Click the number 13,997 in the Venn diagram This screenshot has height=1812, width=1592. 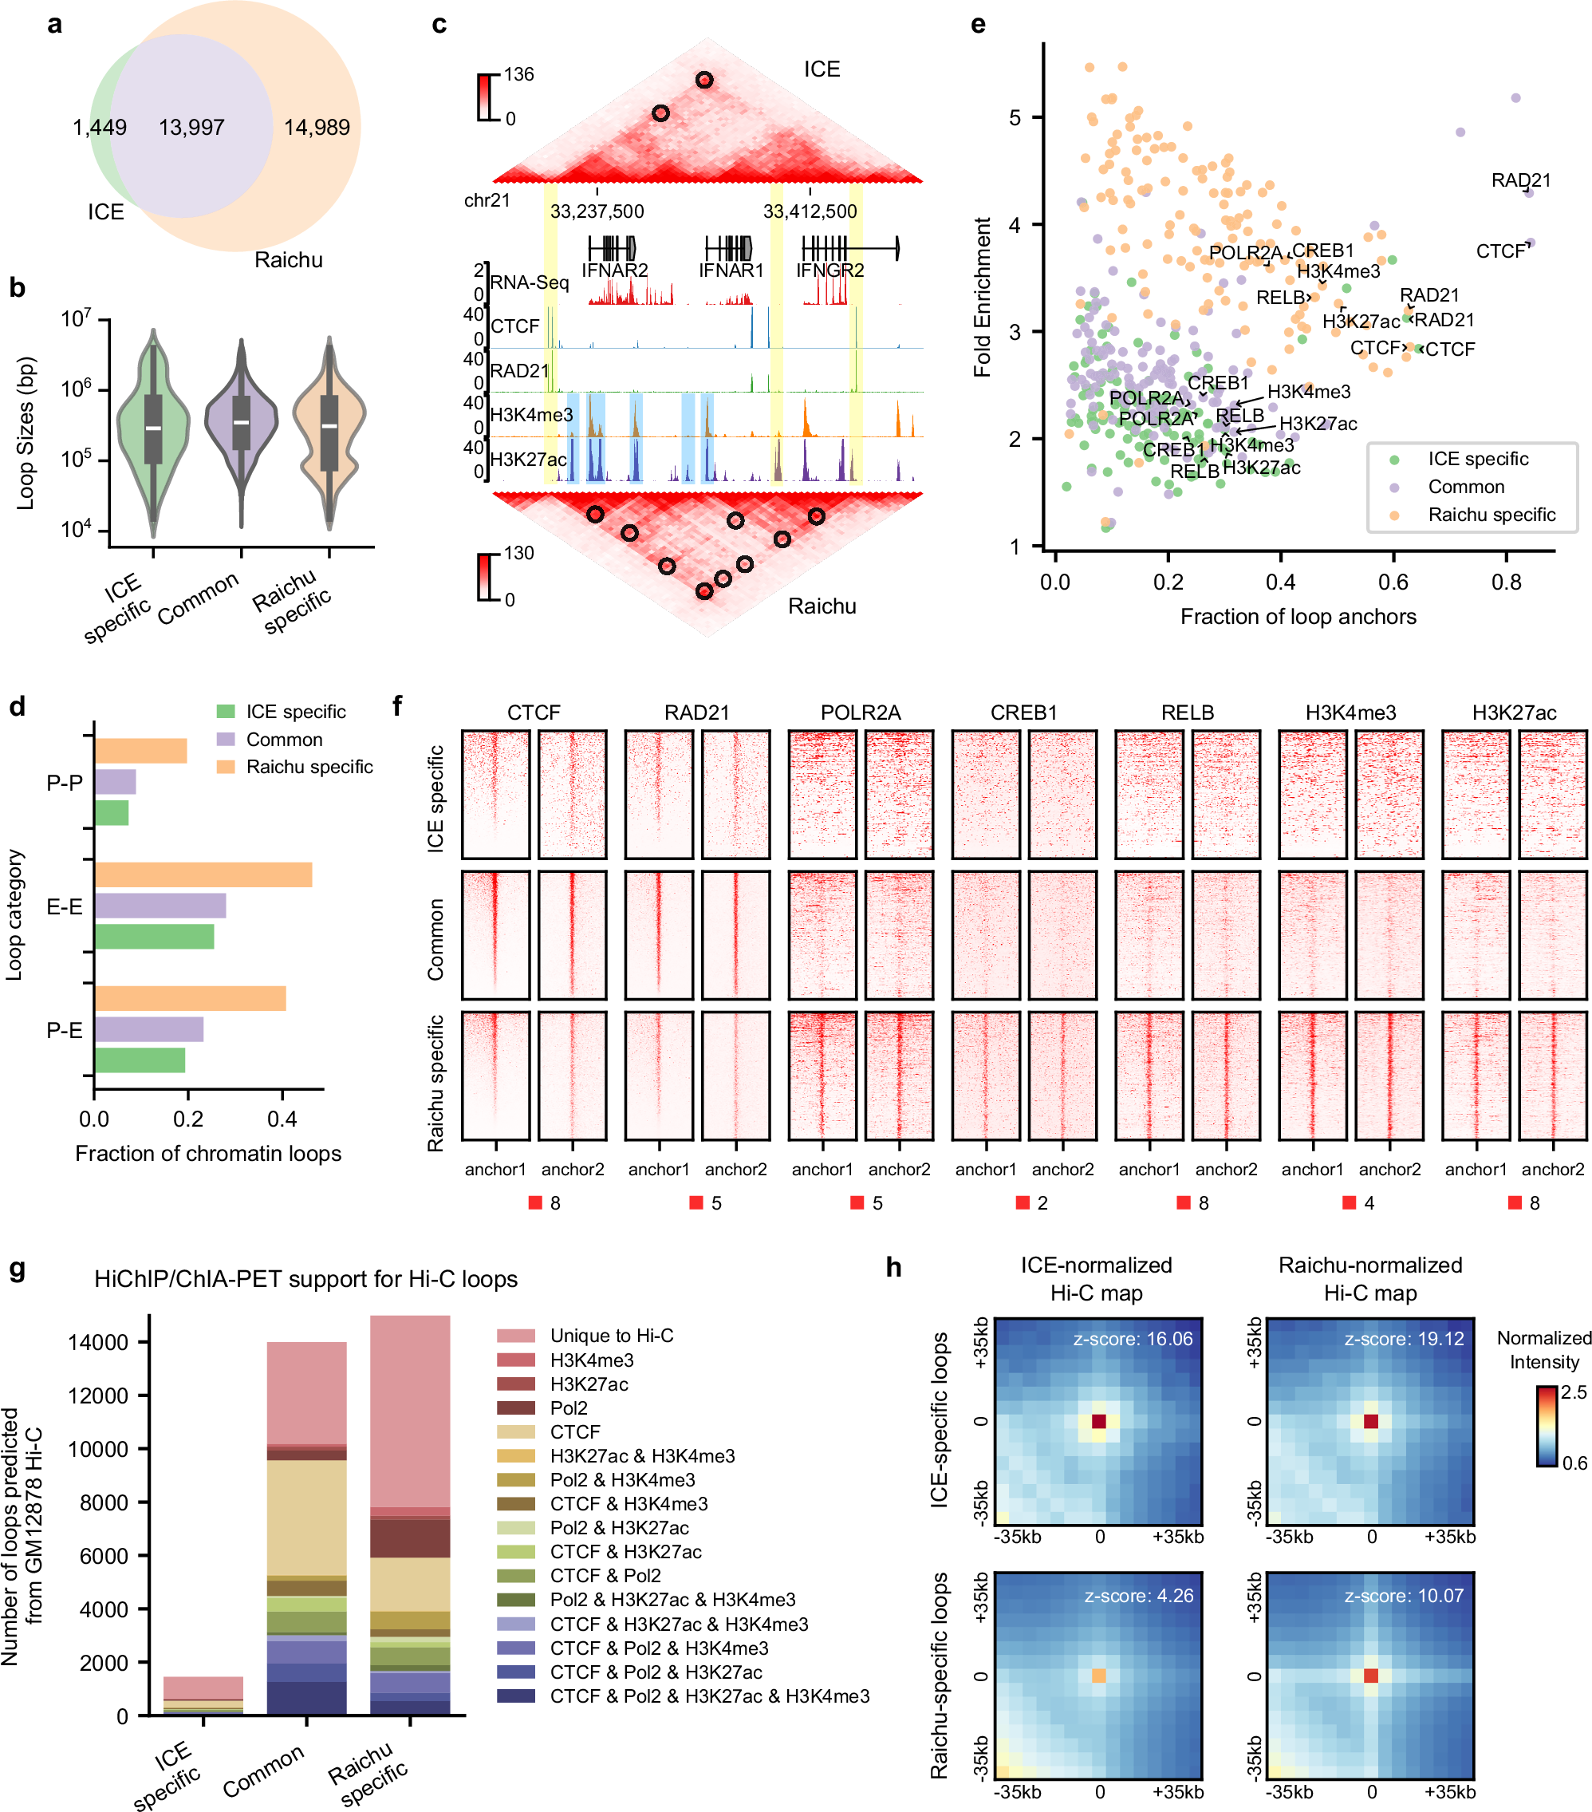pyautogui.click(x=191, y=127)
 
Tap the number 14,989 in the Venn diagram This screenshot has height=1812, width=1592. pyautogui.click(x=317, y=127)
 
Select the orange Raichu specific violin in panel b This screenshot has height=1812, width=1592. pyautogui.click(x=329, y=425)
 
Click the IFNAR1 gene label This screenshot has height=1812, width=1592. pyautogui.click(x=731, y=270)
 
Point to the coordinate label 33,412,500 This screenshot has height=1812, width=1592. pyautogui.click(x=810, y=211)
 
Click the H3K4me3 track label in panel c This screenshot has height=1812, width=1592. pyautogui.click(x=531, y=414)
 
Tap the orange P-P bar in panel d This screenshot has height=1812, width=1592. pyautogui.click(x=140, y=751)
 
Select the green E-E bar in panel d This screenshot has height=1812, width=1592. pyautogui.click(x=154, y=937)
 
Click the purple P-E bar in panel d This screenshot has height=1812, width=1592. pyautogui.click(x=149, y=1029)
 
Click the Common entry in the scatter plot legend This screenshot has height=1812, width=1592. pyautogui.click(x=1465, y=487)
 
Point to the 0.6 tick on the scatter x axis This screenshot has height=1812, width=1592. pyautogui.click(x=1393, y=582)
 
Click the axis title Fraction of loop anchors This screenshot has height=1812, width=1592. pyautogui.click(x=1298, y=616)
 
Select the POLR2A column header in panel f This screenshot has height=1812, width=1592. pyautogui.click(x=860, y=712)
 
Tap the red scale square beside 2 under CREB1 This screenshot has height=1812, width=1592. pyautogui.click(x=1022, y=1202)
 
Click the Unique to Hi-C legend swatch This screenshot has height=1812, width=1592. pyautogui.click(x=515, y=1336)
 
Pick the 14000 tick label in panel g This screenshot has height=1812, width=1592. pyautogui.click(x=98, y=1342)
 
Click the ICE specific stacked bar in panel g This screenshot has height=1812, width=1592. pyautogui.click(x=203, y=1696)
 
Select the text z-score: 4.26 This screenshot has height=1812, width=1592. pyautogui.click(x=1138, y=1596)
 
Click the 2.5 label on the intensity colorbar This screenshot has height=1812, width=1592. pyautogui.click(x=1574, y=1392)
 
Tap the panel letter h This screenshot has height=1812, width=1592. pyautogui.click(x=893, y=1268)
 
